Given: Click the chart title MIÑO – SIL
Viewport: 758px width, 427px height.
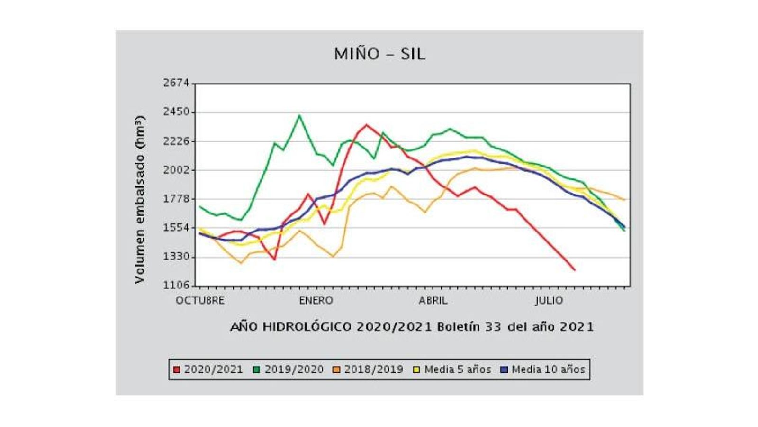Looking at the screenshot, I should point(379,54).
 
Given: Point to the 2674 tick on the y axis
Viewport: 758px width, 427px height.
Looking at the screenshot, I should point(176,83).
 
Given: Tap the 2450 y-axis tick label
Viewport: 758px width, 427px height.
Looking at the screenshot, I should point(176,112).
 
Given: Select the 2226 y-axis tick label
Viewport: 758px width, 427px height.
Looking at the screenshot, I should point(176,141).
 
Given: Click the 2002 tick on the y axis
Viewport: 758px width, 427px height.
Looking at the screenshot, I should point(176,170).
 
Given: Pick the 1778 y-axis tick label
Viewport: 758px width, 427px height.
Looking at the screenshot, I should point(176,199).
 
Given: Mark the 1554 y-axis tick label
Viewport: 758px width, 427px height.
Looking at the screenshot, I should point(176,228).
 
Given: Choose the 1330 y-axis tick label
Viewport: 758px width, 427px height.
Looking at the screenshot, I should point(176,257).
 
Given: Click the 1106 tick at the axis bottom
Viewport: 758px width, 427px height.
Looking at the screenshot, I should point(176,286).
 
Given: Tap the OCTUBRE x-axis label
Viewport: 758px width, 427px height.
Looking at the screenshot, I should point(200,301).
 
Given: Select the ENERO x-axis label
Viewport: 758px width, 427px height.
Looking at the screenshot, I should point(316,301).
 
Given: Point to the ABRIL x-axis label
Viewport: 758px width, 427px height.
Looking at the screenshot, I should point(433,301).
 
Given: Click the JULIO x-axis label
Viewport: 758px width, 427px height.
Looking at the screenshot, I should point(550,301).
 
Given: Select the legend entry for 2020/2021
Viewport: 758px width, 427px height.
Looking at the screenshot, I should point(208,370).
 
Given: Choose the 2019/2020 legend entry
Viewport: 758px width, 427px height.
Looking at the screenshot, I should point(289,370).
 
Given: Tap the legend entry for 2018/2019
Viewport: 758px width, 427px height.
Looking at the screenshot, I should point(369,370).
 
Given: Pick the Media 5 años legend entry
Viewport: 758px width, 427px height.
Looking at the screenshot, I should point(452,370).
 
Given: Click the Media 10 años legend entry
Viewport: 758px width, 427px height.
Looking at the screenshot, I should point(543,370).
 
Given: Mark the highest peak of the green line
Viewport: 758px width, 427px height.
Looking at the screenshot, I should point(299,115).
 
